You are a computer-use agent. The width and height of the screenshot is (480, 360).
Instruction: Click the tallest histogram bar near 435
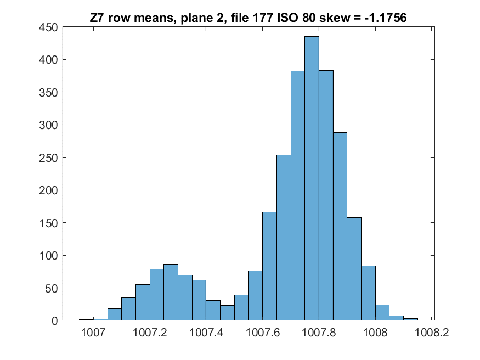(x=312, y=178)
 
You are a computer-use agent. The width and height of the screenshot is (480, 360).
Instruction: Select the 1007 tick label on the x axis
(x=93, y=332)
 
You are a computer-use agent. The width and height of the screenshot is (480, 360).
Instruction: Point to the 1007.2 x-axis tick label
(x=150, y=332)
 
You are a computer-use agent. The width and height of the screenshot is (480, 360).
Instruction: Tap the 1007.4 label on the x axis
(x=206, y=332)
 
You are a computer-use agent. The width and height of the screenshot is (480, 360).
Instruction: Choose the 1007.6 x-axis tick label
(x=263, y=332)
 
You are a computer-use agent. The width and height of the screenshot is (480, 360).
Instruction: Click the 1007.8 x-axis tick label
(x=319, y=332)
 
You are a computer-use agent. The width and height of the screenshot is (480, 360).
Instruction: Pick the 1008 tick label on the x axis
(x=375, y=332)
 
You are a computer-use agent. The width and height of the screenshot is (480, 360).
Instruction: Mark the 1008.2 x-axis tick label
(x=432, y=332)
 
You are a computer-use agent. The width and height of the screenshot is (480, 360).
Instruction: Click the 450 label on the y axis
(x=48, y=27)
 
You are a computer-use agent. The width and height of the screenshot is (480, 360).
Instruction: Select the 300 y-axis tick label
(x=48, y=125)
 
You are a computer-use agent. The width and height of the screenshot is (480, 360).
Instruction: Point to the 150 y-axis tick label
(x=48, y=223)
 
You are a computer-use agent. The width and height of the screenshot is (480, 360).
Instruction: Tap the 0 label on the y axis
(x=55, y=321)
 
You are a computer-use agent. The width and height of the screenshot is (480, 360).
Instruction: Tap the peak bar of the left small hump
(x=171, y=292)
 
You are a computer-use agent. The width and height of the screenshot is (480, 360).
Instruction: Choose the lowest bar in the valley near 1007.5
(x=227, y=313)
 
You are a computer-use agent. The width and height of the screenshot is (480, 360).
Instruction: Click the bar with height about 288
(x=340, y=227)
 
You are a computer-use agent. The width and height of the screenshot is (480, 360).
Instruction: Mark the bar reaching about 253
(x=284, y=238)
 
